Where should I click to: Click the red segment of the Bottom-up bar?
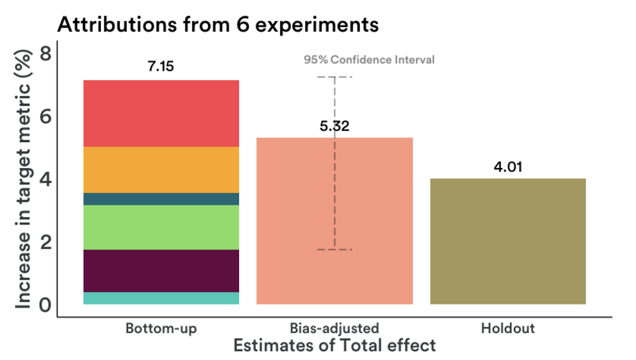pyautogui.click(x=161, y=113)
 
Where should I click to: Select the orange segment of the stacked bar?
pyautogui.click(x=161, y=170)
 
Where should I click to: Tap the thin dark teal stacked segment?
pyautogui.click(x=161, y=199)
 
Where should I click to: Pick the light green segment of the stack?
pyautogui.click(x=161, y=227)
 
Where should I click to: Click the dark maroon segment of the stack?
pyautogui.click(x=161, y=271)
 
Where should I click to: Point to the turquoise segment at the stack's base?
pyautogui.click(x=161, y=298)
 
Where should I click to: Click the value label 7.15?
pyautogui.click(x=161, y=66)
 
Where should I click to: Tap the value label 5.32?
pyautogui.click(x=334, y=126)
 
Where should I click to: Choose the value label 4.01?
pyautogui.click(x=508, y=167)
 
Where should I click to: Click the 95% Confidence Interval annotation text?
pyautogui.click(x=369, y=60)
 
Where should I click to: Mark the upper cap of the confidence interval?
pyautogui.click(x=334, y=77)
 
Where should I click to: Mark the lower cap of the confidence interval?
pyautogui.click(x=334, y=249)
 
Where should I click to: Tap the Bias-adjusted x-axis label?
pyautogui.click(x=334, y=329)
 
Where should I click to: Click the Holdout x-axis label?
pyautogui.click(x=508, y=329)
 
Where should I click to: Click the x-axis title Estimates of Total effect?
pyautogui.click(x=334, y=345)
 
